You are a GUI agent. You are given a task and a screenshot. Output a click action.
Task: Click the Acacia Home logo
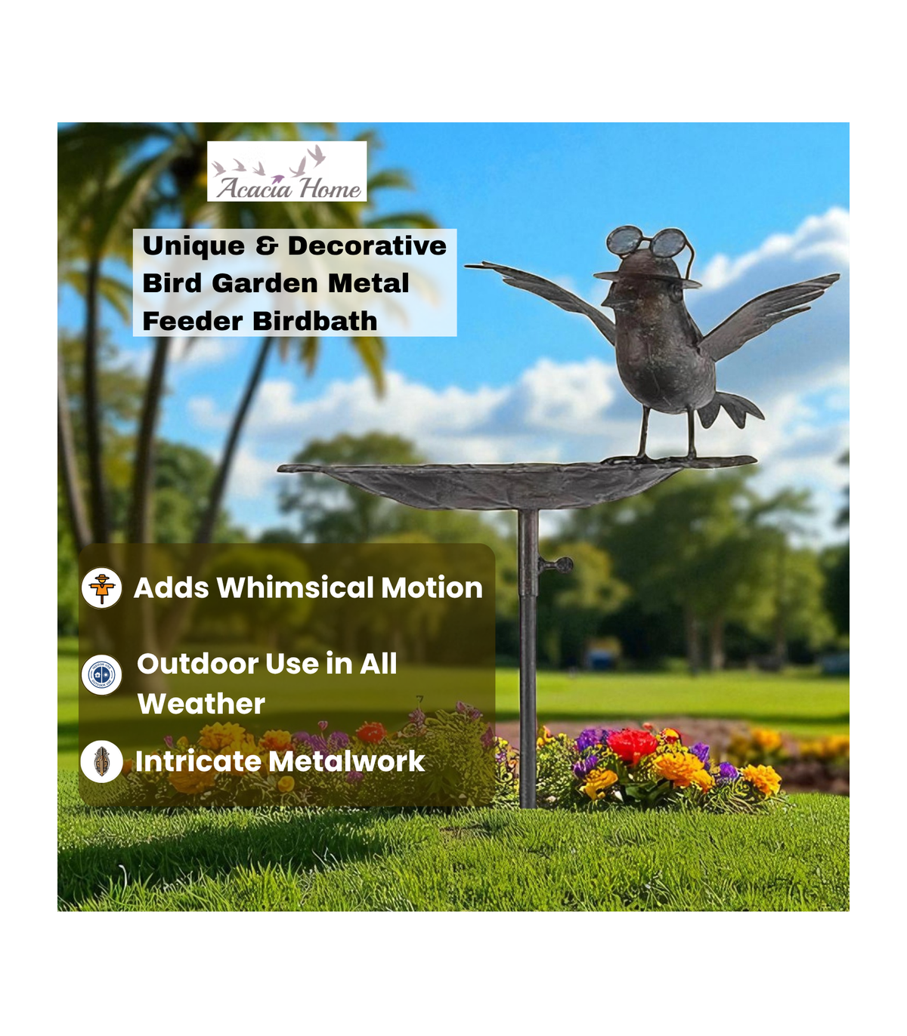pyautogui.click(x=286, y=171)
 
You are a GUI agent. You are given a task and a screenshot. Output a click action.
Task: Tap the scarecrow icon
pyautogui.click(x=102, y=587)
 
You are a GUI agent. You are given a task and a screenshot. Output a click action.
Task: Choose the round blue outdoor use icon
pyautogui.click(x=102, y=674)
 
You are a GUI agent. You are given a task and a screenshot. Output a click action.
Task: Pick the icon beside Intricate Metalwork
pyautogui.click(x=102, y=761)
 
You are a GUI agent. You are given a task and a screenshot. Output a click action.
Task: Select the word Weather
pyautogui.click(x=201, y=703)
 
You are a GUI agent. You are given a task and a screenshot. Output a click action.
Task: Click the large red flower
pyautogui.click(x=631, y=745)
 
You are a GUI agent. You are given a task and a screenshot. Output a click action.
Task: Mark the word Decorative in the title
pyautogui.click(x=367, y=245)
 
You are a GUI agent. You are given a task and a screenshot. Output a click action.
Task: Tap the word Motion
pyautogui.click(x=432, y=587)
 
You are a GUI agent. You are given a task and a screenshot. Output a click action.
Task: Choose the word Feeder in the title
pyautogui.click(x=193, y=321)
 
